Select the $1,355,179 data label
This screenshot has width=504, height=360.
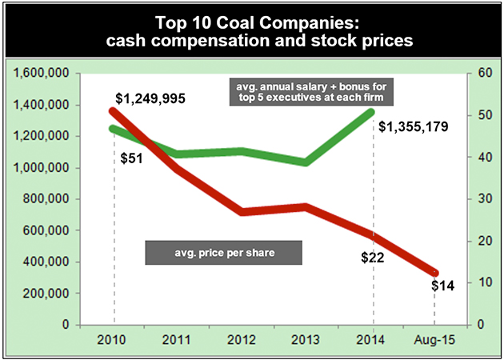pyautogui.click(x=413, y=126)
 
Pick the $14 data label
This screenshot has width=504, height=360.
pyautogui.click(x=442, y=286)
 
